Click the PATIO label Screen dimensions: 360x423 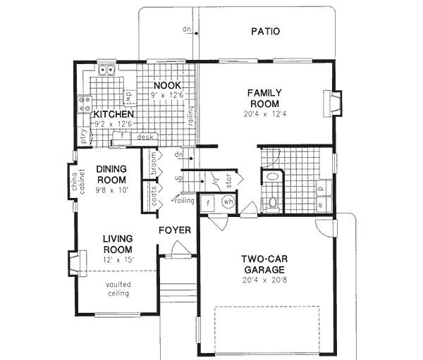point(266,31)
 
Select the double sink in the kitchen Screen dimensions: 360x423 point(108,70)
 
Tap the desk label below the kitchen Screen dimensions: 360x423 point(146,137)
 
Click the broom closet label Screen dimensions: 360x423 point(153,162)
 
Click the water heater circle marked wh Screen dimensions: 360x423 point(228,201)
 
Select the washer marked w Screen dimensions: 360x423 point(320,204)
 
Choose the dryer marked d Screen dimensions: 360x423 point(320,187)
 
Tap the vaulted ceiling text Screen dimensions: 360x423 point(118,289)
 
